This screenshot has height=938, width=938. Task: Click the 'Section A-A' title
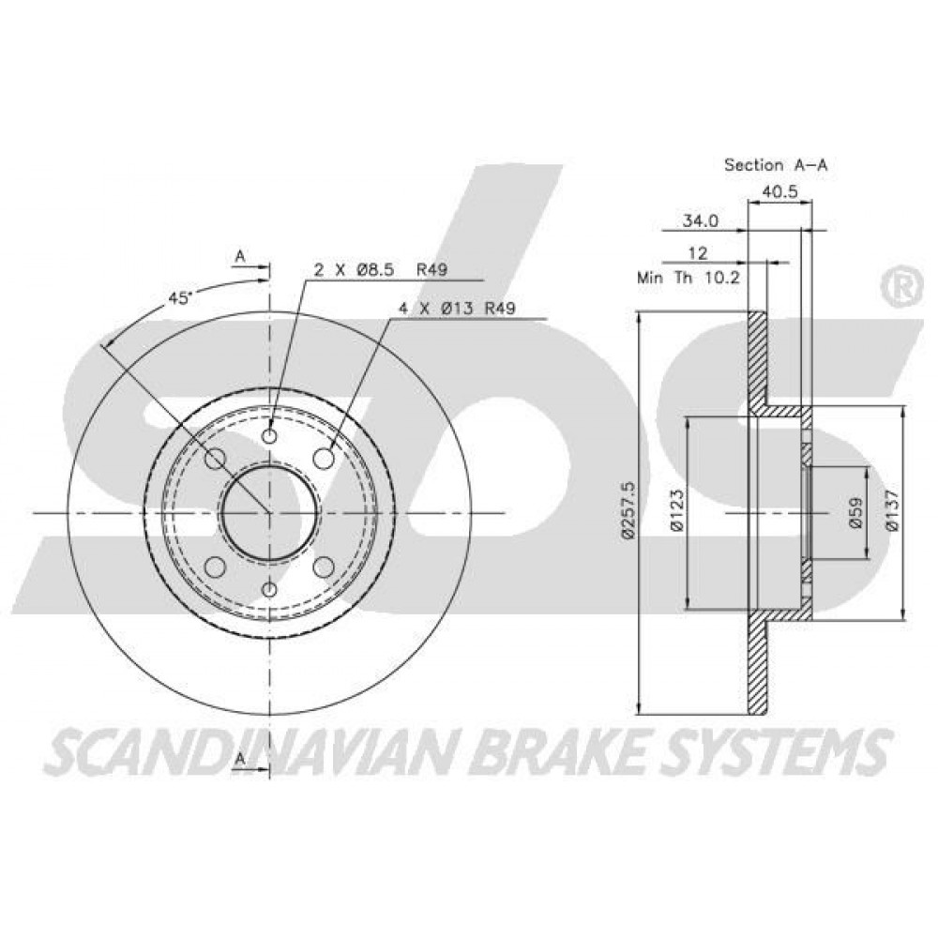[x=776, y=164]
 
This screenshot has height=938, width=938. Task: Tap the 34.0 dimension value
[x=701, y=220]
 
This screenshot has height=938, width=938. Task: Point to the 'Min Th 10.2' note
[x=688, y=278]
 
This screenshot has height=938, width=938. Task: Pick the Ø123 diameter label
[x=676, y=510]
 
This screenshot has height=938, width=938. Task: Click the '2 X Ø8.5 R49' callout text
[x=381, y=270]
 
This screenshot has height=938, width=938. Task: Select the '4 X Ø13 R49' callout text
[x=458, y=308]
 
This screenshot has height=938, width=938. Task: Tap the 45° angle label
[x=179, y=299]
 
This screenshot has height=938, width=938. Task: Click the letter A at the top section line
[x=240, y=256]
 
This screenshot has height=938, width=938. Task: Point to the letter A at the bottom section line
[x=240, y=759]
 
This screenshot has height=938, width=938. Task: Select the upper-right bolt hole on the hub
[x=325, y=459]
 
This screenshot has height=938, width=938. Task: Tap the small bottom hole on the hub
[x=270, y=590]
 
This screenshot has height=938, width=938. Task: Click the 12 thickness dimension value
[x=698, y=253]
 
